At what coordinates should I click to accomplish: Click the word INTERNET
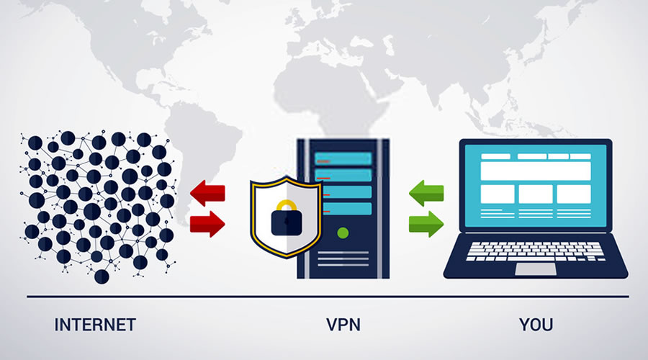[94, 325]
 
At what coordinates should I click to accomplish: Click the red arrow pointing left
[207, 194]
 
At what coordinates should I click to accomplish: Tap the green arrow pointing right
[426, 224]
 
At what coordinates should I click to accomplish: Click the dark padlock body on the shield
[287, 223]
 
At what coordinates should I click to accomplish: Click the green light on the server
[343, 233]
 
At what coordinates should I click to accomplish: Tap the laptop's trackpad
[535, 269]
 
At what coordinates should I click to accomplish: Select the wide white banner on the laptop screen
[535, 171]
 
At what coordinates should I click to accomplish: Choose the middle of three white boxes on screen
[535, 194]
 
